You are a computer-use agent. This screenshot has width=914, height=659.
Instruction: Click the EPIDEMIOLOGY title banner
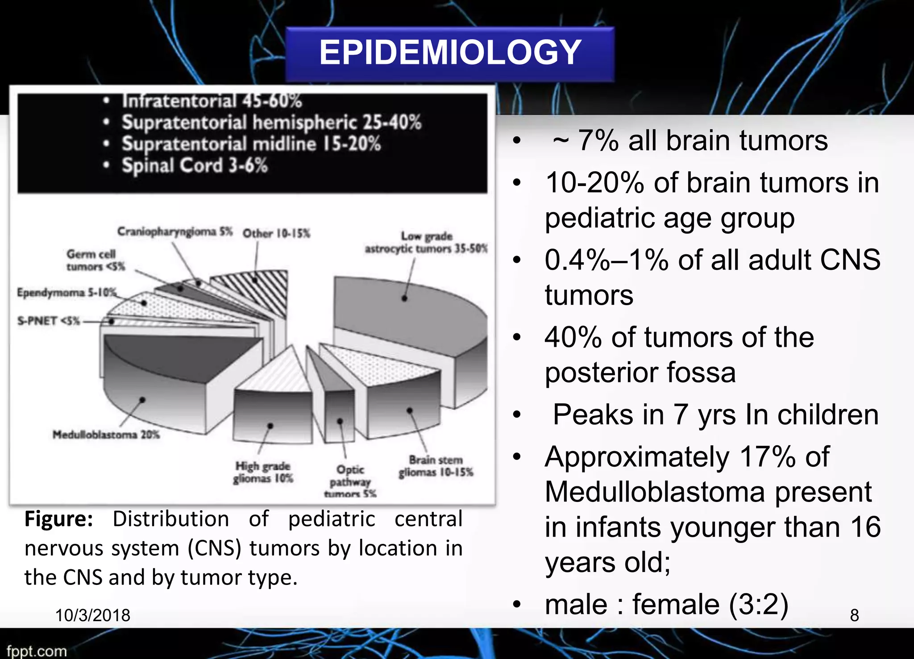[450, 53]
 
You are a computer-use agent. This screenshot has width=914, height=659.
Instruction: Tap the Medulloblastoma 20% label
[106, 435]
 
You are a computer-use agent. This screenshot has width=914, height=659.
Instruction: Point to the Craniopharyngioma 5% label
[174, 232]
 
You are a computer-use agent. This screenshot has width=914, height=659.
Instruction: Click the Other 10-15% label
[276, 233]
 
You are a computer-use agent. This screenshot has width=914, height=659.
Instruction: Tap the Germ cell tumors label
[95, 260]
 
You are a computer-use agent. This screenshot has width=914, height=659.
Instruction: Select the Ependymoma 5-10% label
[66, 293]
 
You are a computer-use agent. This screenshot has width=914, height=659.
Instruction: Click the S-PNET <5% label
[48, 321]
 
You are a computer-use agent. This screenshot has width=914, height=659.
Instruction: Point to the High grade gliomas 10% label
[263, 472]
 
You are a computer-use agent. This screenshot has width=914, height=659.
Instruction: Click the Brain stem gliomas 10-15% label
[436, 466]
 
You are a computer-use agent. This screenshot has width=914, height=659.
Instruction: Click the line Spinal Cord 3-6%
[195, 166]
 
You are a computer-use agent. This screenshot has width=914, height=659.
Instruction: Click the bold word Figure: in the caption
[58, 519]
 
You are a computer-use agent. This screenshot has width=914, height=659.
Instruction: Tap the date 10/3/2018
[92, 615]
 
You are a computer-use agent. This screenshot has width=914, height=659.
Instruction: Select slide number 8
[854, 615]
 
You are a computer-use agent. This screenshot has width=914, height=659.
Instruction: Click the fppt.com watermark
[37, 651]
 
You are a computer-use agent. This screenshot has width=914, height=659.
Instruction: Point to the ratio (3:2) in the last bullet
[758, 605]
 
